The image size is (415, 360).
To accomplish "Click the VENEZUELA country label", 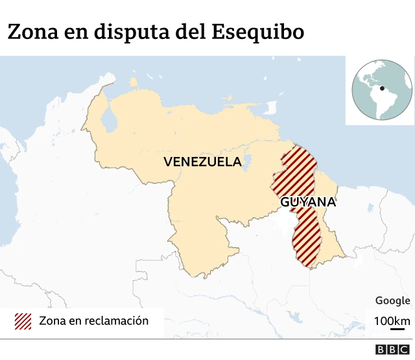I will point(202,162).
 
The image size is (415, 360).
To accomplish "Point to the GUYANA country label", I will point(308,202).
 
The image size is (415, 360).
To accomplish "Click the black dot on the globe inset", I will point(383,88).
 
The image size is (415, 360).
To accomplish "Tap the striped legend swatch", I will point(23,320).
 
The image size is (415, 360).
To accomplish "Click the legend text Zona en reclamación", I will point(93,320).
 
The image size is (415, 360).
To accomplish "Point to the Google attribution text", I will point(392,300).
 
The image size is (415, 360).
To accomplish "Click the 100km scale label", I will point(392,320).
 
